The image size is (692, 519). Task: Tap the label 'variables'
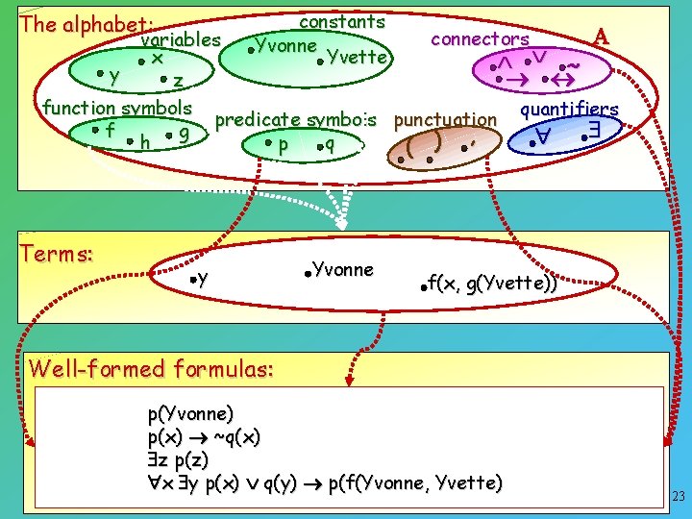pyautogui.click(x=181, y=40)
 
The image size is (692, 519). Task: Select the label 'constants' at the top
pyautogui.click(x=342, y=21)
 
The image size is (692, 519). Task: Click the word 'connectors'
pyautogui.click(x=480, y=38)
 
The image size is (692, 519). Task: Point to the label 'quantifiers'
pyautogui.click(x=569, y=109)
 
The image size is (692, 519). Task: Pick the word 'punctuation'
pyautogui.click(x=445, y=120)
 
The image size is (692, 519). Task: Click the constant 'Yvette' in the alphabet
pyautogui.click(x=358, y=58)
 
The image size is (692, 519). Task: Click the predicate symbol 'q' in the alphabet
pyautogui.click(x=329, y=145)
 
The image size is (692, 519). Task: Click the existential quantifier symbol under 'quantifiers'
pyautogui.click(x=595, y=137)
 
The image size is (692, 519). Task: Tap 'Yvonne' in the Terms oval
pyautogui.click(x=343, y=270)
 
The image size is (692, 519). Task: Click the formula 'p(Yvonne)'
pyautogui.click(x=190, y=414)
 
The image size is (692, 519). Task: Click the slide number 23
pyautogui.click(x=678, y=497)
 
